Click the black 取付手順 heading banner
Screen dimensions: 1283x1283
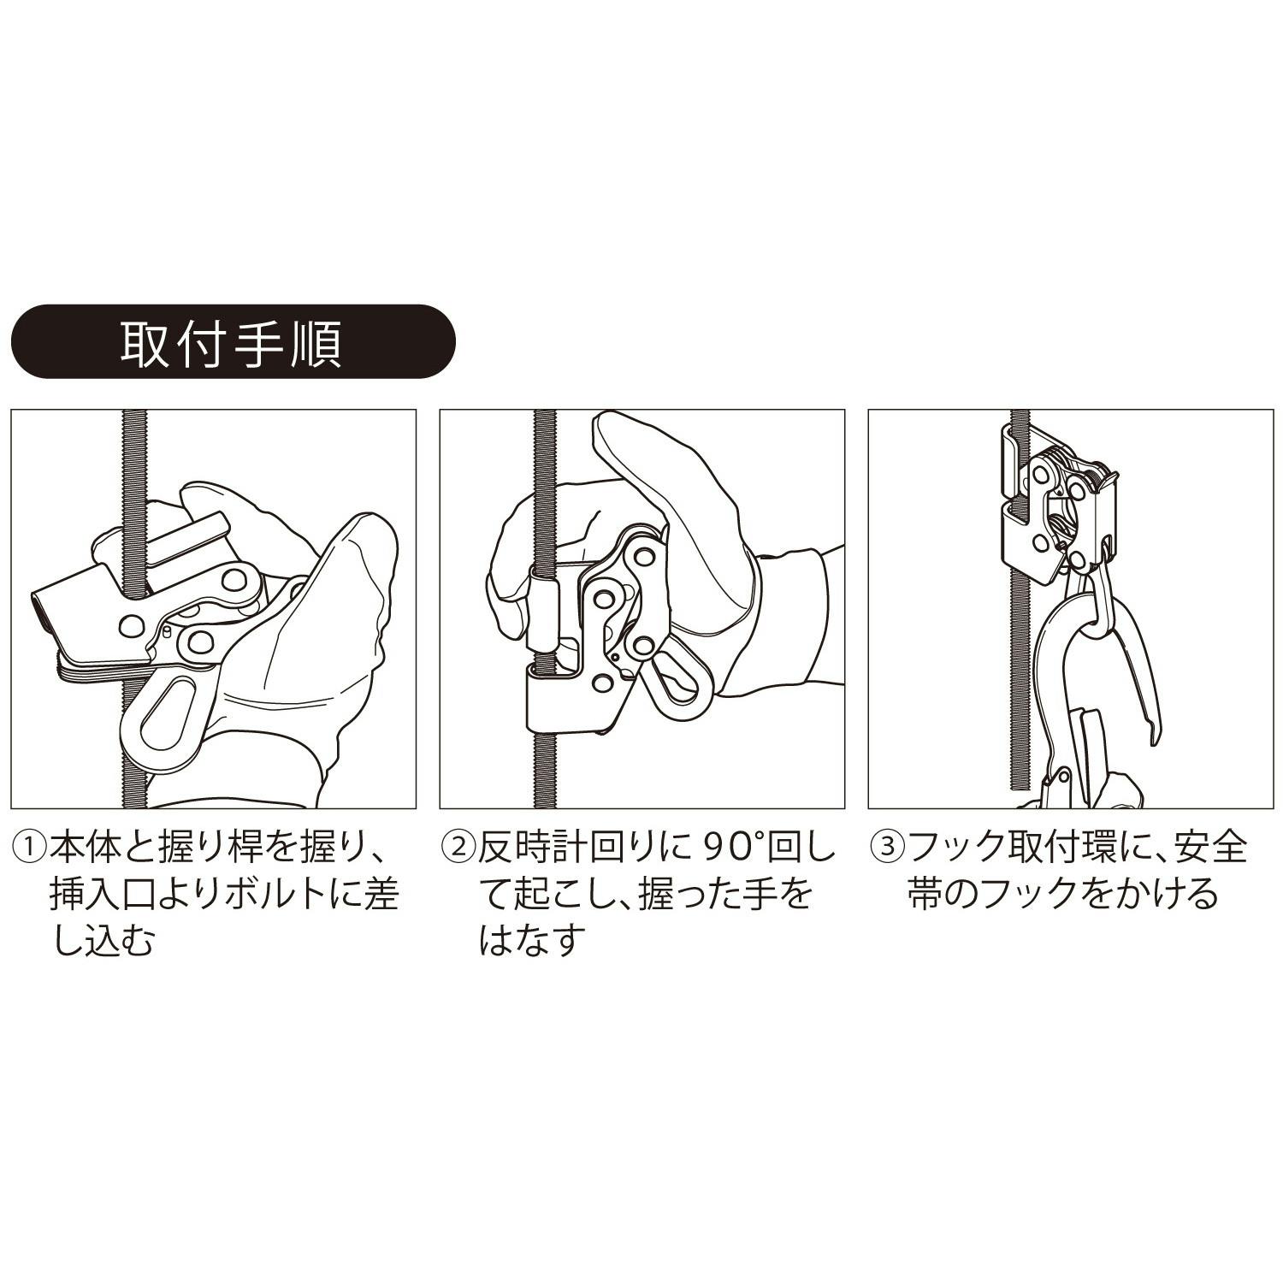233,342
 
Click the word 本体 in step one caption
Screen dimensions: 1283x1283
84,848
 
